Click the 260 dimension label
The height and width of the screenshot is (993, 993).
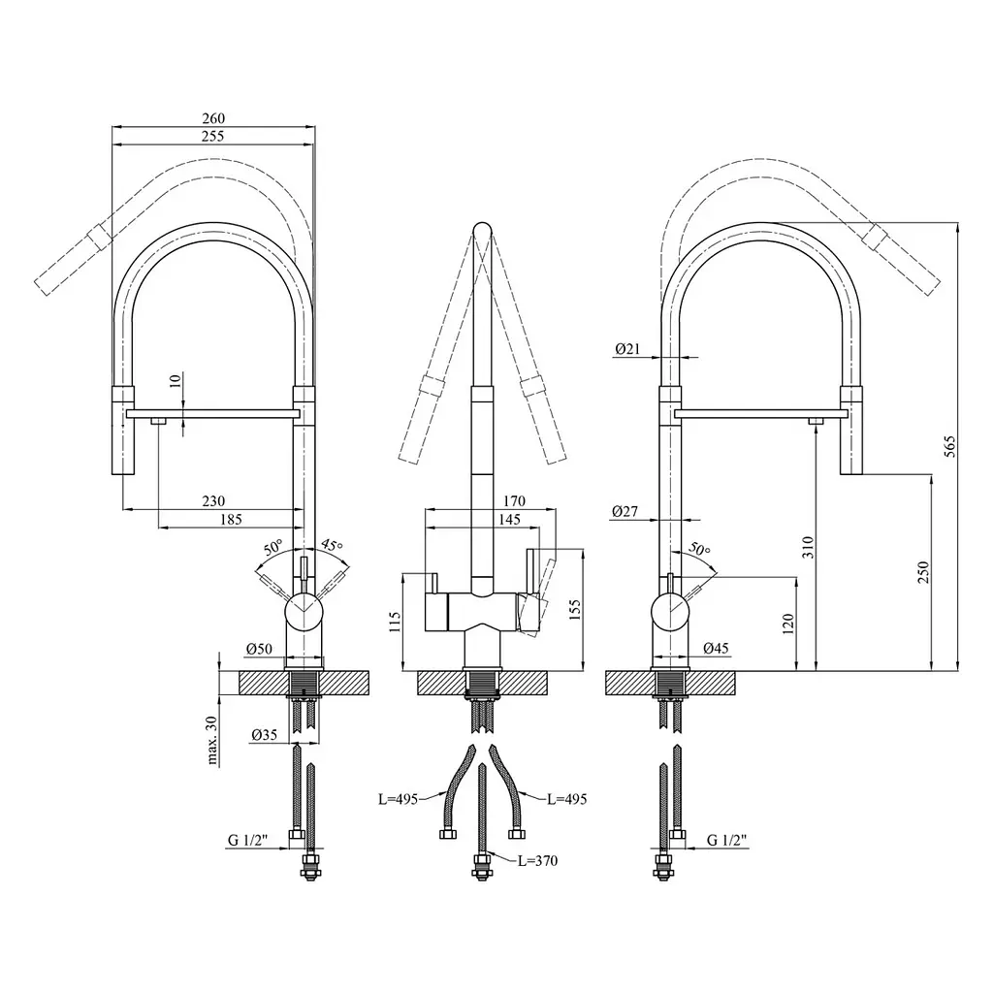coord(213,118)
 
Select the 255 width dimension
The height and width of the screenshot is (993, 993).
coord(212,136)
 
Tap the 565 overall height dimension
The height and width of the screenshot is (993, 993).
coord(950,447)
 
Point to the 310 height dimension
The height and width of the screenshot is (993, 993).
coord(808,547)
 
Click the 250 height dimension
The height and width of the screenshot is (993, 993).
coord(923,572)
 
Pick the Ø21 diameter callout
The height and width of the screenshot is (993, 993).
coord(627,348)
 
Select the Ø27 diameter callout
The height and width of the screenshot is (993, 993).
coord(625,511)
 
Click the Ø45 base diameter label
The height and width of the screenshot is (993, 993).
coord(717,648)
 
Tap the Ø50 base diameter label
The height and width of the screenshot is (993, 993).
coord(259,649)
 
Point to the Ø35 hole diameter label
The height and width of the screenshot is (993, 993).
coord(264,735)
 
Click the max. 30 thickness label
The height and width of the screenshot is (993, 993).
coord(211,741)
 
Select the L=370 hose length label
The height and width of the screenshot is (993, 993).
coord(537,861)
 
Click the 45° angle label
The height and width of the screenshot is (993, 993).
coord(332,544)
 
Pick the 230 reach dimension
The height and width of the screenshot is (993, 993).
coord(213,501)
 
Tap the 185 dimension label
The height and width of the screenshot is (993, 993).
coord(231,520)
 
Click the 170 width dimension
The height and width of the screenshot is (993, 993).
coord(514,501)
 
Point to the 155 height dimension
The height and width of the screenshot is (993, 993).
coord(574,610)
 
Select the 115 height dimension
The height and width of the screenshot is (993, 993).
coord(395,622)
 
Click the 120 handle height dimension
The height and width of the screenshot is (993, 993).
coord(787,625)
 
